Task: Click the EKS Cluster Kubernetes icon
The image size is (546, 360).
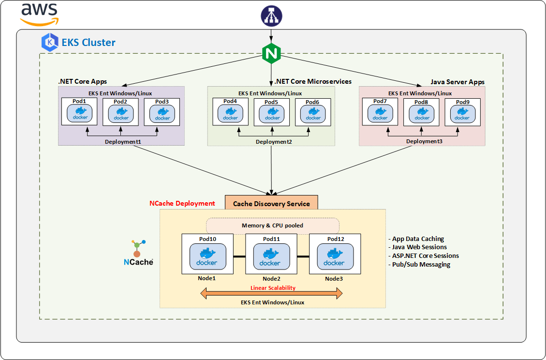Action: [50, 43]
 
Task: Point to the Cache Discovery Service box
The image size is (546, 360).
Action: [271, 203]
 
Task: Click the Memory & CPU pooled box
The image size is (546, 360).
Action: [273, 225]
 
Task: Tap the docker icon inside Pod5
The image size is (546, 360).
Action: [272, 114]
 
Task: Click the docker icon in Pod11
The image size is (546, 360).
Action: [270, 257]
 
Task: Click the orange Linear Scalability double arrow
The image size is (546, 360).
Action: [272, 293]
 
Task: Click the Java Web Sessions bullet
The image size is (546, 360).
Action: [419, 247]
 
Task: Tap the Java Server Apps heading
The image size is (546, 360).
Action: [457, 82]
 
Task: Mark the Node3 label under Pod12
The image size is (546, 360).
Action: [334, 279]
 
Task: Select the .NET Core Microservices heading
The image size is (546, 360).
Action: [313, 81]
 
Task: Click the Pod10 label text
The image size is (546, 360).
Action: [207, 239]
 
